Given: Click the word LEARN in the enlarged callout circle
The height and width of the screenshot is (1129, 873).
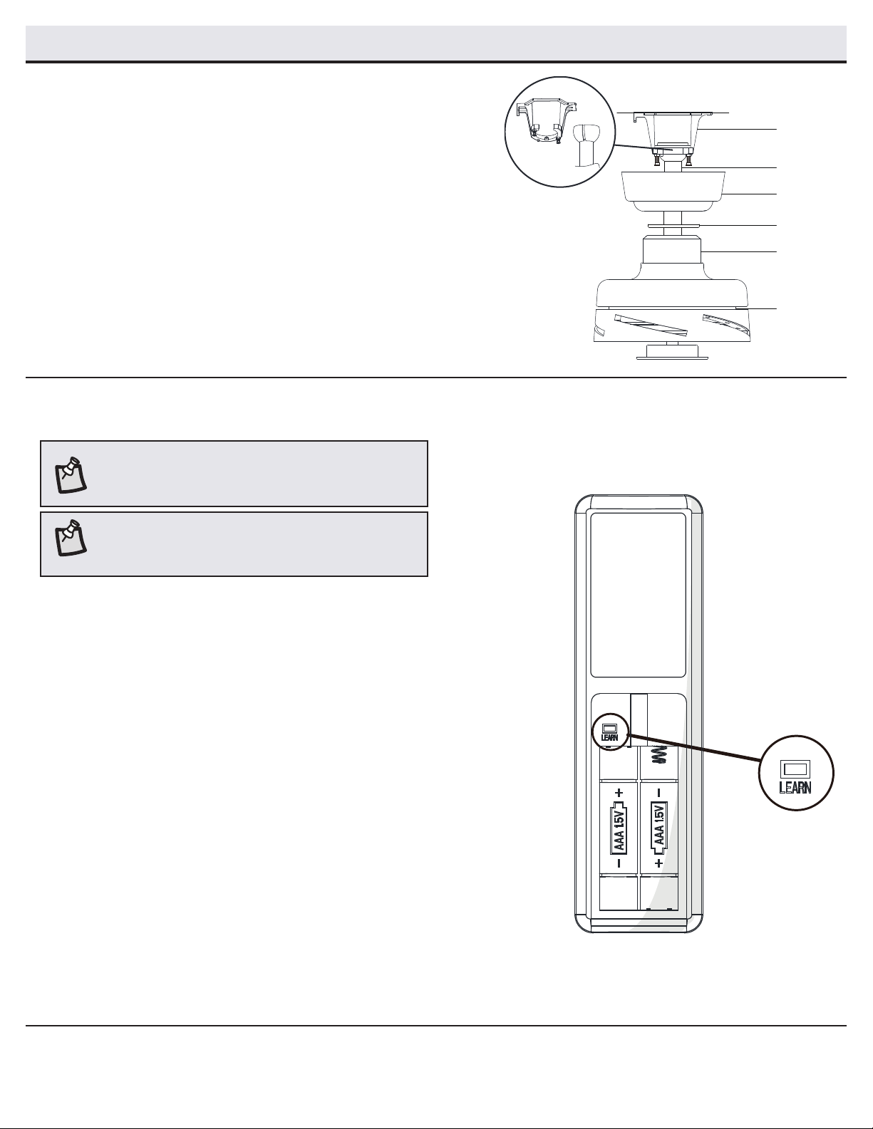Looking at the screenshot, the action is pyautogui.click(x=795, y=787).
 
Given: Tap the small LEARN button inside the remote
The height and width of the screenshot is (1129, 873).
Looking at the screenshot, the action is pyautogui.click(x=609, y=728).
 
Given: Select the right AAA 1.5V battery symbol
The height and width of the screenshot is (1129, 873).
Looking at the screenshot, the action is pyautogui.click(x=659, y=830).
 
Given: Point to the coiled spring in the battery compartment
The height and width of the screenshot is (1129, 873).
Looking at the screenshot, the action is pyautogui.click(x=659, y=761).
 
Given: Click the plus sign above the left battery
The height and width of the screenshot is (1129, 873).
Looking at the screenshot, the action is pyautogui.click(x=619, y=794).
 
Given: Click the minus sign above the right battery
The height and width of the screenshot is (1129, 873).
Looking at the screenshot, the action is pyautogui.click(x=659, y=794).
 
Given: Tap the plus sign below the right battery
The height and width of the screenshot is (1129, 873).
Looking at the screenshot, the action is pyautogui.click(x=659, y=863).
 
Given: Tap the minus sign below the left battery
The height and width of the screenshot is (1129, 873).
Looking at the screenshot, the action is pyautogui.click(x=619, y=863).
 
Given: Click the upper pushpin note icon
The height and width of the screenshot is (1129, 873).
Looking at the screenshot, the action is pyautogui.click(x=70, y=475).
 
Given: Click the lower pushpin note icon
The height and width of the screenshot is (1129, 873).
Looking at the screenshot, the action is pyautogui.click(x=70, y=538).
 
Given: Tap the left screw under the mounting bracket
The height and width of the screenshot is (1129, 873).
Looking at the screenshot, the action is pyautogui.click(x=657, y=160).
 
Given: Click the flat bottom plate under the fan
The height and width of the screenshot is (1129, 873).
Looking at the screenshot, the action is pyautogui.click(x=672, y=357).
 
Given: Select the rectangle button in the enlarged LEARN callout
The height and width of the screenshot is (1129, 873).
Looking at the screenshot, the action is pyautogui.click(x=795, y=769).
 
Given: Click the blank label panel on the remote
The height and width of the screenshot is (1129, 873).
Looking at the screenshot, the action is pyautogui.click(x=638, y=595).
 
